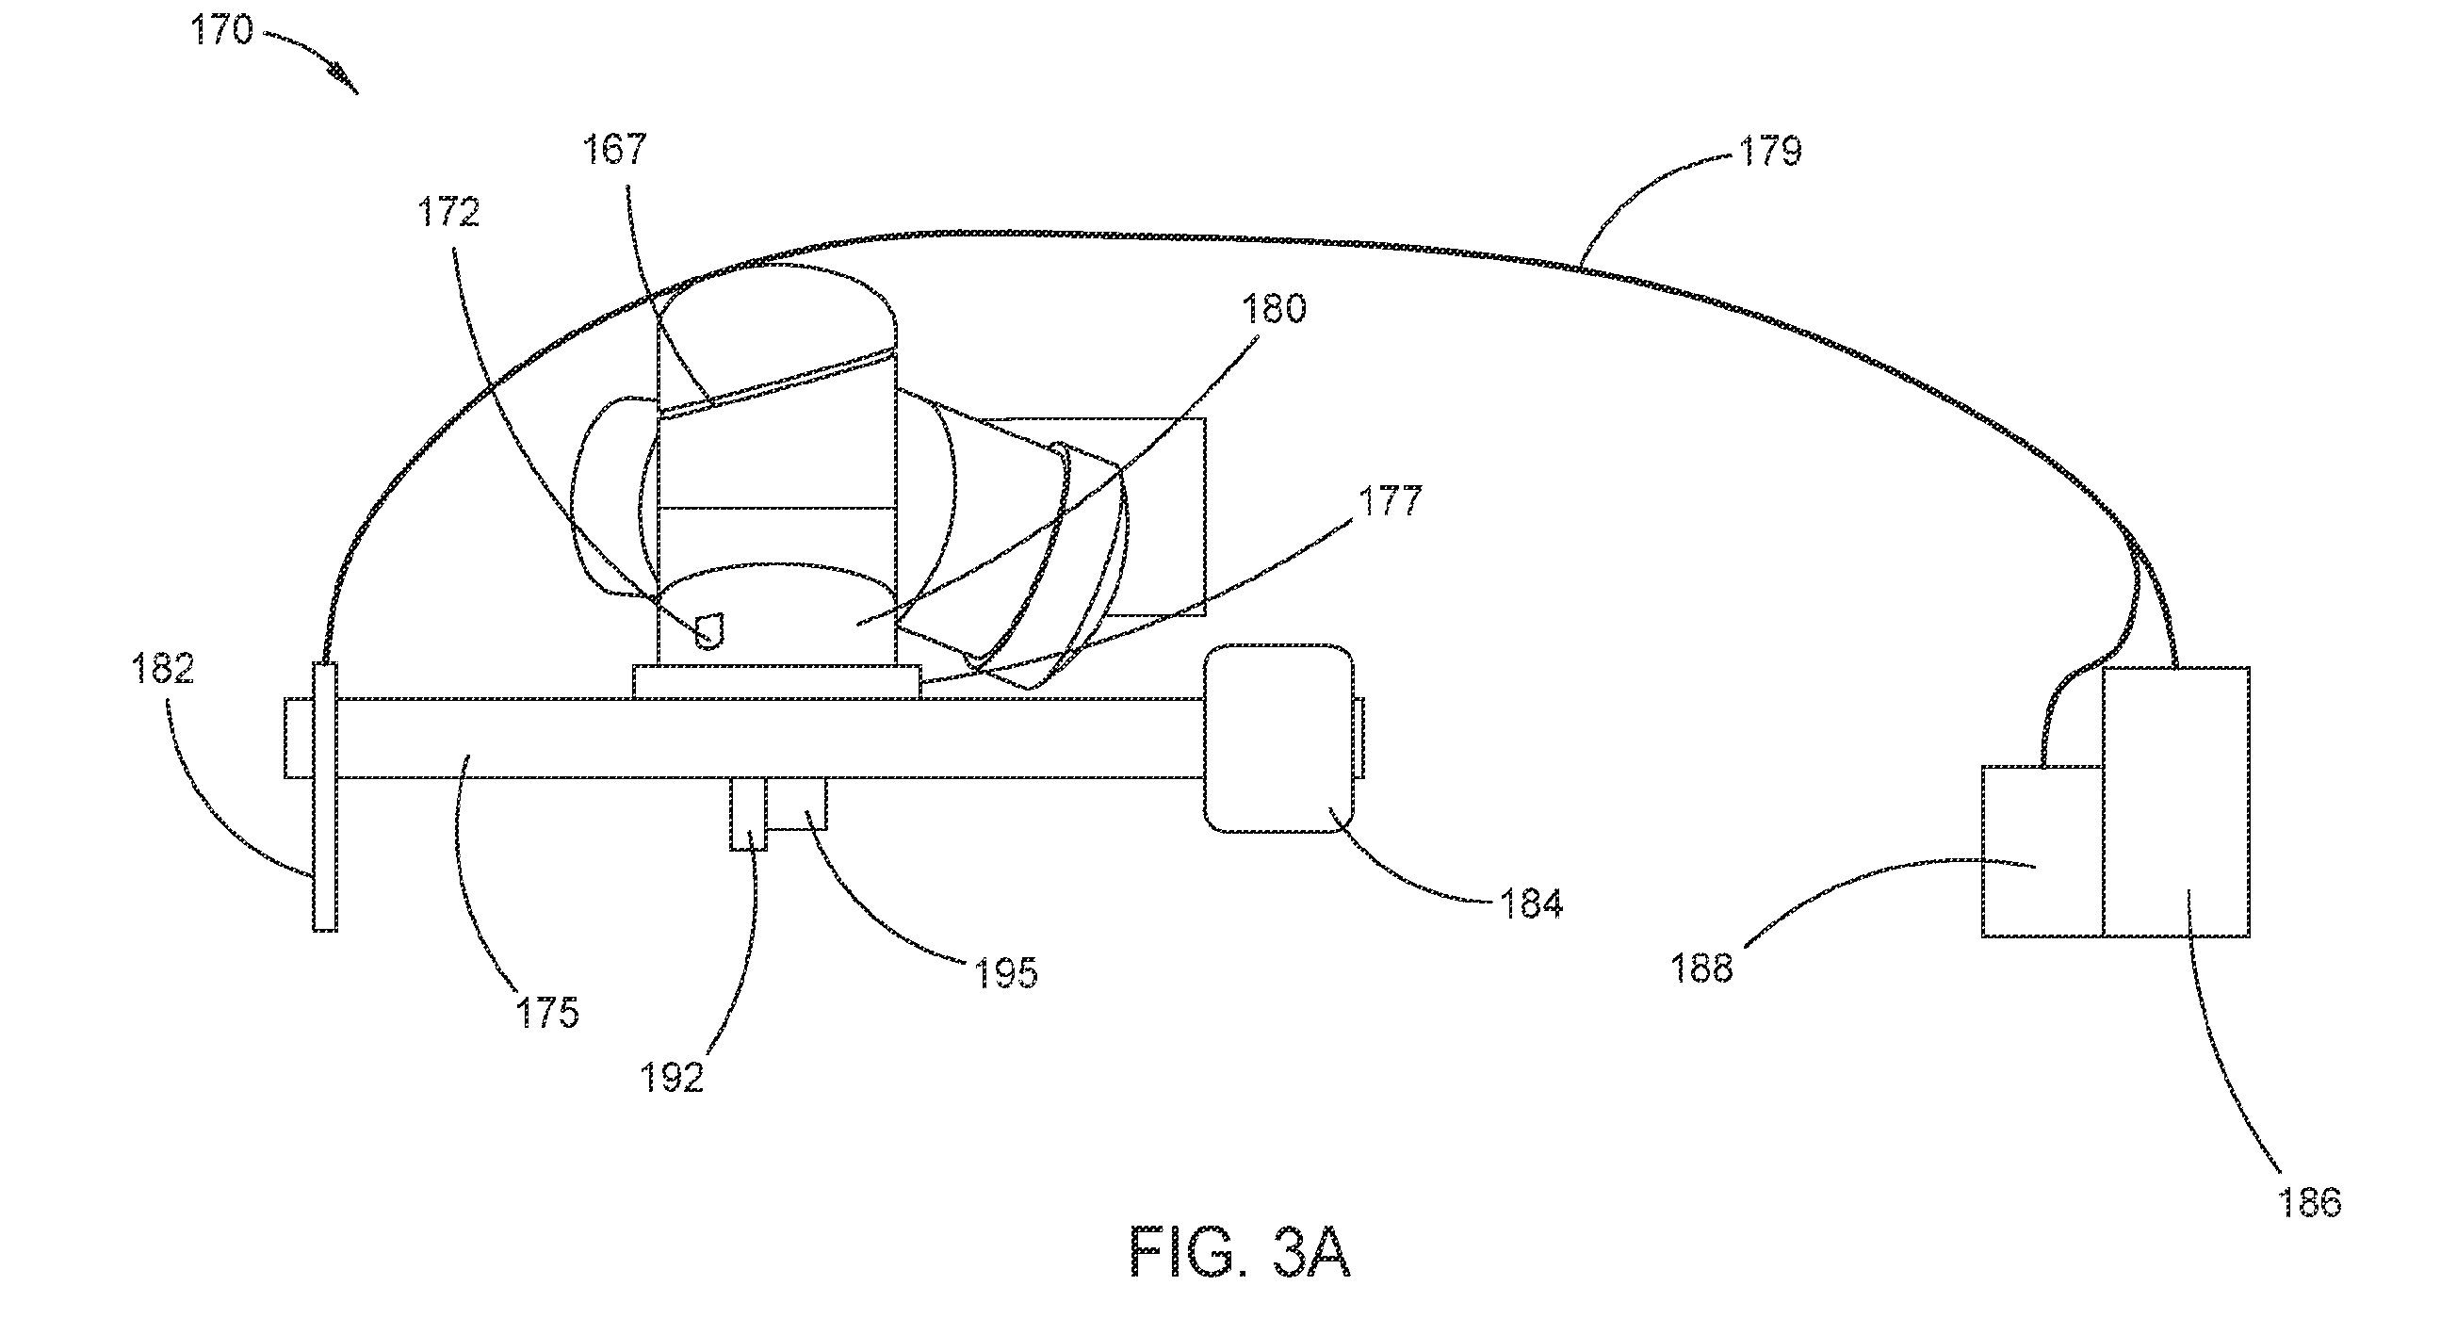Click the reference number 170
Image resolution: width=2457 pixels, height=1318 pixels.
pos(222,30)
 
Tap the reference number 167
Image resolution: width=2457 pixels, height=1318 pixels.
pos(615,149)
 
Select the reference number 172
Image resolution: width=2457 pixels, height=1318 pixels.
pos(448,212)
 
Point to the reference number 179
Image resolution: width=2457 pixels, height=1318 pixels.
pos(1771,152)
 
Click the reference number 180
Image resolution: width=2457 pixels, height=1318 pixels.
pos(1274,309)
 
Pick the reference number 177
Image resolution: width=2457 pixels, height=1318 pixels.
pos(1390,500)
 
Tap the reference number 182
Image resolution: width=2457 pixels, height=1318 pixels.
pos(163,669)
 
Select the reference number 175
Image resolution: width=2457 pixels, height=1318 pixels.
pos(547,1012)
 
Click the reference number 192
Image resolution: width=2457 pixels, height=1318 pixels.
pos(672,1077)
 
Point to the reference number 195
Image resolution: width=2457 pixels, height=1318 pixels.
pos(1005,973)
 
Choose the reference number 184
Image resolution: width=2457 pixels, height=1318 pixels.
pos(1532,903)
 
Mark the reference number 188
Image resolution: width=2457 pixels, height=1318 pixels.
pos(1701,968)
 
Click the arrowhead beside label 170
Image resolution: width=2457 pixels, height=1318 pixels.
pos(345,79)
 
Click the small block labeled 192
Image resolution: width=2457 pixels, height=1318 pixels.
pos(749,813)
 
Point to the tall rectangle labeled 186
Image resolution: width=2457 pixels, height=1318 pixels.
pos(2176,802)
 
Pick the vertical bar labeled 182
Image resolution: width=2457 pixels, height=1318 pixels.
pos(325,796)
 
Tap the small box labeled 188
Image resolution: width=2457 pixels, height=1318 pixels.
pos(2042,852)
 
